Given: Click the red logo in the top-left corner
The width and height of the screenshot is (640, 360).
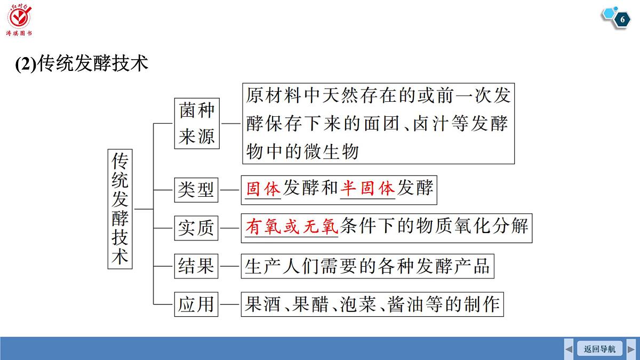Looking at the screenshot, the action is pyautogui.click(x=19, y=19).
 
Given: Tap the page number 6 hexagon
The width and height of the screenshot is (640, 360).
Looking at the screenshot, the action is pyautogui.click(x=622, y=19).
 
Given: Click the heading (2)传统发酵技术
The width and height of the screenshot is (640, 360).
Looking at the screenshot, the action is pyautogui.click(x=82, y=63).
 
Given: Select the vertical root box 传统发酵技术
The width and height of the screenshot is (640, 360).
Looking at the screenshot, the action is pyautogui.click(x=120, y=209).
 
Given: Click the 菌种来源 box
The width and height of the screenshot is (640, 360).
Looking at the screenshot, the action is pyautogui.click(x=197, y=123).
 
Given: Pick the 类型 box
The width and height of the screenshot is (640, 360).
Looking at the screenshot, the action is pyautogui.click(x=196, y=190).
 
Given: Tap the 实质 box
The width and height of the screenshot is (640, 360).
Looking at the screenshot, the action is pyautogui.click(x=196, y=228).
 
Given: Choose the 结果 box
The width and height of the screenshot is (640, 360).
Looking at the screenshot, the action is pyautogui.click(x=196, y=266).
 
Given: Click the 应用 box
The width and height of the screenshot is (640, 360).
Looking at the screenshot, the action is pyautogui.click(x=196, y=305).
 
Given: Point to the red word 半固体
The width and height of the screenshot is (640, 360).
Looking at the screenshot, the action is pyautogui.click(x=367, y=188).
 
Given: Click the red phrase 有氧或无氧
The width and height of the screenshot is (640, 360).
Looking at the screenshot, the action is pyautogui.click(x=292, y=227).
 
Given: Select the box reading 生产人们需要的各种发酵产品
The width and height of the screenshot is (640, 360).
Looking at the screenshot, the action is pyautogui.click(x=367, y=266).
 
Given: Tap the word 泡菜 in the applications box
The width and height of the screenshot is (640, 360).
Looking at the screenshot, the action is pyautogui.click(x=358, y=305).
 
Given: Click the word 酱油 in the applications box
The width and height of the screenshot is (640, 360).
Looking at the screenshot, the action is pyautogui.click(x=405, y=305).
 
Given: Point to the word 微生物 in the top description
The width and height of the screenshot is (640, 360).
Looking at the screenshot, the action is pyautogui.click(x=331, y=151).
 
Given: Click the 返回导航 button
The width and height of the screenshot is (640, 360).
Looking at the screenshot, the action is pyautogui.click(x=599, y=349).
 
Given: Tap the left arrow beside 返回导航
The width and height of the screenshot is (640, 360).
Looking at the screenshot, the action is pyautogui.click(x=569, y=349).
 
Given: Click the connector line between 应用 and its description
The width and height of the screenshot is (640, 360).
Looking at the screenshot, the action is pyautogui.click(x=230, y=305).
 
